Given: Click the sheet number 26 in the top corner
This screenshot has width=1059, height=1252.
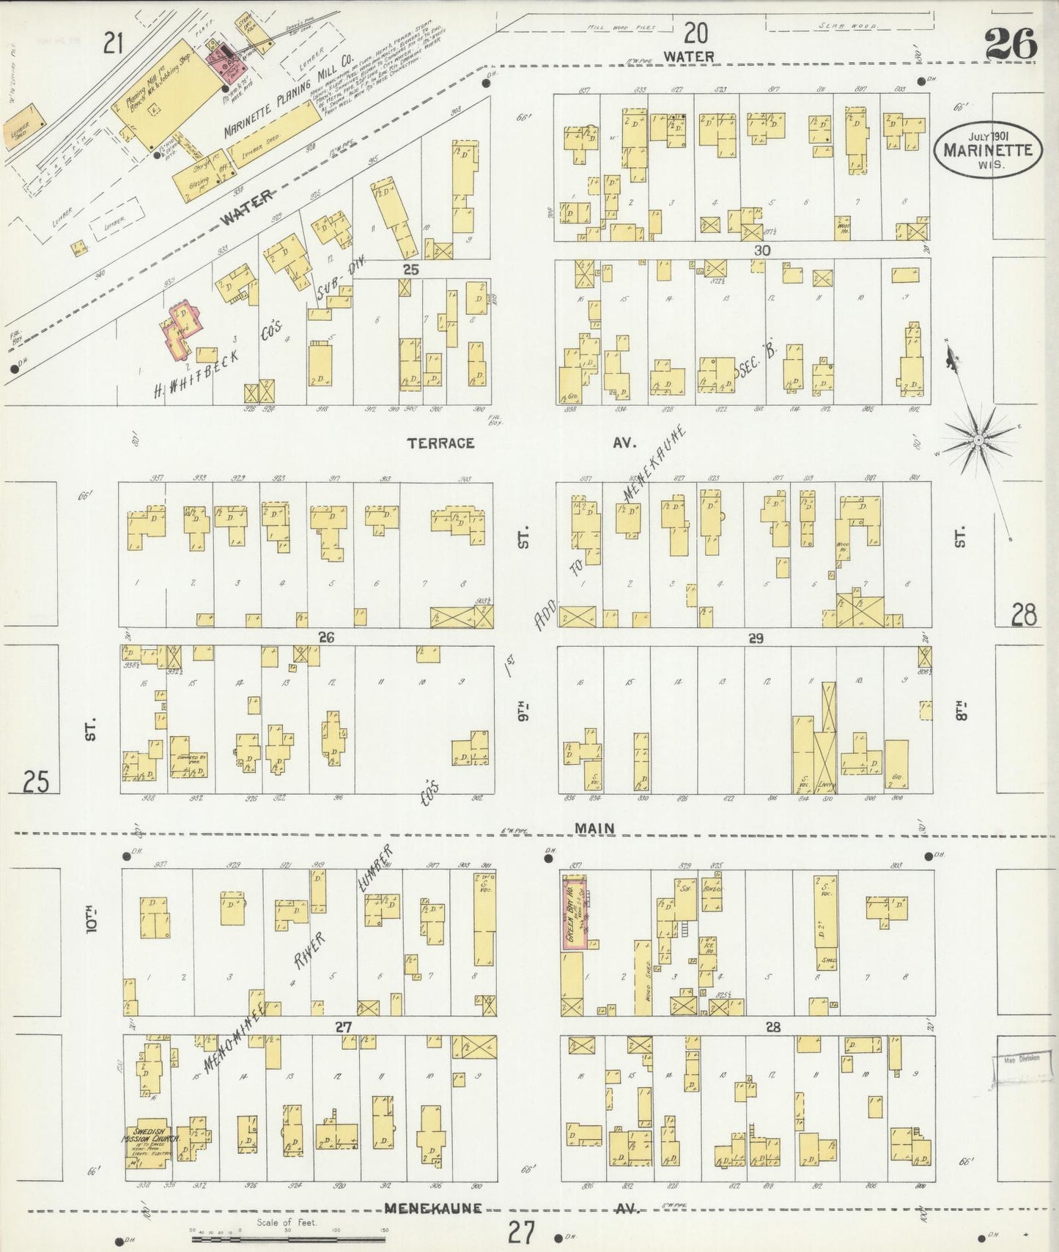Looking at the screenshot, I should click(x=1011, y=43).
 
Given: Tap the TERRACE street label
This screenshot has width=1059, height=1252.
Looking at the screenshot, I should click(x=441, y=443).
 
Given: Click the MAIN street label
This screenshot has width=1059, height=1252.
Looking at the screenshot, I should click(x=594, y=828).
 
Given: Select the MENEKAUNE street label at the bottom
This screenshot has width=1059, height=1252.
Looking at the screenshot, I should click(x=432, y=1208).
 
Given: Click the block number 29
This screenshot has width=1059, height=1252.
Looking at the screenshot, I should click(x=756, y=638).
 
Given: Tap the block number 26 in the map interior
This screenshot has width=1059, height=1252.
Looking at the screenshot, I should click(x=326, y=637).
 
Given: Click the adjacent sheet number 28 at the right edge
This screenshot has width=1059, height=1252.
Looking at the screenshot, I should click(x=1023, y=615).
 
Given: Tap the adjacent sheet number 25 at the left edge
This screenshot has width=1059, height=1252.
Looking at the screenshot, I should click(x=36, y=782).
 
